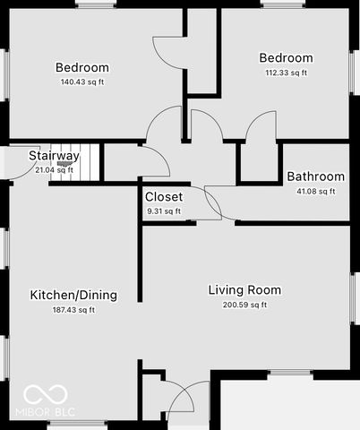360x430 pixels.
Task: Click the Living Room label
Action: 244,290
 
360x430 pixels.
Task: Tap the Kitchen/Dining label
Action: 73,296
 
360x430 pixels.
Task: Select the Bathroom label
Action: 315,177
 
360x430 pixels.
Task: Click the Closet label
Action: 163,197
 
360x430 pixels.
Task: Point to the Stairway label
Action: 54,156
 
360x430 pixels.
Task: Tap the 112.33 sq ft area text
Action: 286,73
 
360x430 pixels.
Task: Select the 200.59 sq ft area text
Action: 244,305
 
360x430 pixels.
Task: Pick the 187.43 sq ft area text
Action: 73,311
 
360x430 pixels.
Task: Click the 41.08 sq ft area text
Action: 315,191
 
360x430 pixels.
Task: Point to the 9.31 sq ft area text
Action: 163,211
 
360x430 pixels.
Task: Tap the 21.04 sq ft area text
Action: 54,169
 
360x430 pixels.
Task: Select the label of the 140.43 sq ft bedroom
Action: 82,68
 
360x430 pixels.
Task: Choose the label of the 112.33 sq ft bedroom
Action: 286,58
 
